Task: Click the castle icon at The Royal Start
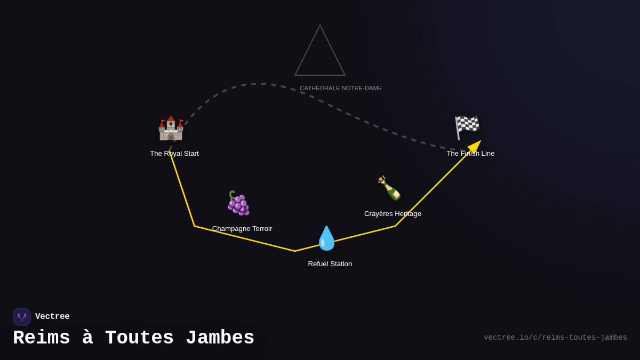171,129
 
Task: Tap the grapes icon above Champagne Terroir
238,203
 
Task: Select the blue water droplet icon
326,238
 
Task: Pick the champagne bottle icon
389,188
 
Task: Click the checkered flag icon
467,127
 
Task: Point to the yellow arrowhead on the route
475,146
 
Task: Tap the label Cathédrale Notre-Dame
341,89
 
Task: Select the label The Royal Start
174,154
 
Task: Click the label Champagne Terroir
242,229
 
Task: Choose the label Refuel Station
330,263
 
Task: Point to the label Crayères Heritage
393,214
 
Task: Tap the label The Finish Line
470,154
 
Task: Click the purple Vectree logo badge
22,317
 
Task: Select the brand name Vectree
52,316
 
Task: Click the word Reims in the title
42,338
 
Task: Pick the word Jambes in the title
220,338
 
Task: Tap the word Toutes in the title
139,338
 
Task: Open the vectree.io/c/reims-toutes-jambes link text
555,338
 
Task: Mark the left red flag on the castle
163,122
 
